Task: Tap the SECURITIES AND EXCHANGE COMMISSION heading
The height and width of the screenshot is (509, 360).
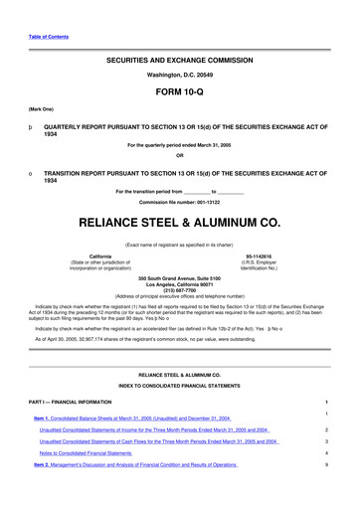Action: [180, 60]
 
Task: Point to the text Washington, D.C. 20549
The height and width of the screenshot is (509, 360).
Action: [180, 75]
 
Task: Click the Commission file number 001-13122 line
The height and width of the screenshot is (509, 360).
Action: [180, 202]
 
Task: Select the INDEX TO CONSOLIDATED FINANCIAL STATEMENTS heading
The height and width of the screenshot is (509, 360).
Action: [180, 385]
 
